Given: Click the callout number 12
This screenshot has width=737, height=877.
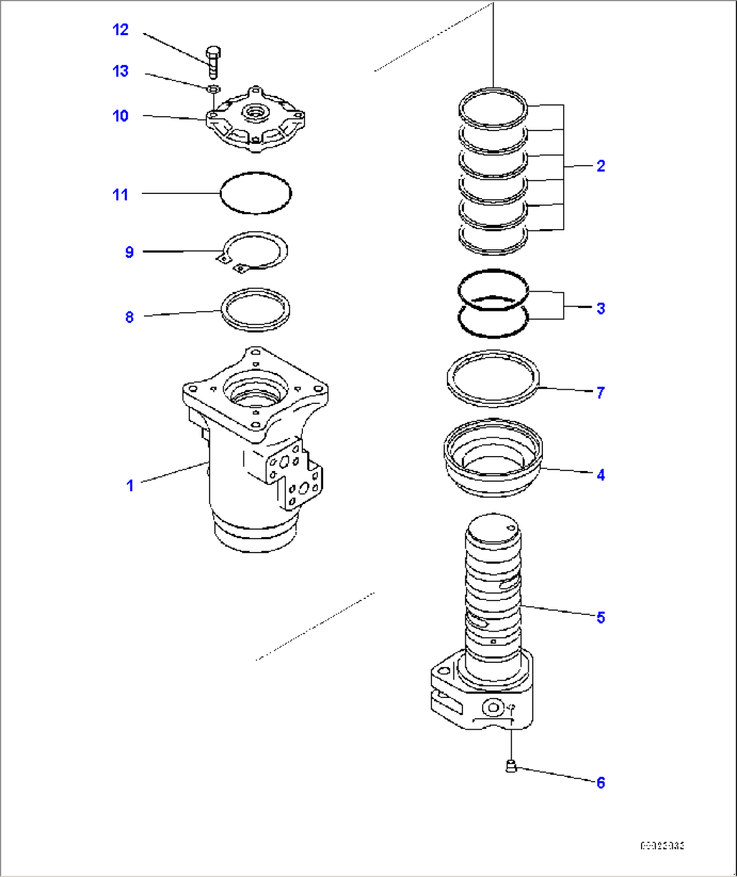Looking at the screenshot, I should (120, 30).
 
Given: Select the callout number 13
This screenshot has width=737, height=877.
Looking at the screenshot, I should (120, 72).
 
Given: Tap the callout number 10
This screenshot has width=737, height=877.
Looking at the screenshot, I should (120, 116).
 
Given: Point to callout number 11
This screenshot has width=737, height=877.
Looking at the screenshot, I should (120, 195).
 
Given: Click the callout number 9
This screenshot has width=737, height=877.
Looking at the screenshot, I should (129, 253).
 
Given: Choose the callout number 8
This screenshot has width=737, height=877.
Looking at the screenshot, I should (129, 318).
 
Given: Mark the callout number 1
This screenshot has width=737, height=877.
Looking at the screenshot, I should (130, 486).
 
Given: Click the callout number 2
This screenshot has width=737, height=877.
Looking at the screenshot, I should (600, 166).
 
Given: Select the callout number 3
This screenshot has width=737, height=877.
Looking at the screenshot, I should (600, 309).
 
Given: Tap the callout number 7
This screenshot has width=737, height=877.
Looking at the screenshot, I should (600, 393).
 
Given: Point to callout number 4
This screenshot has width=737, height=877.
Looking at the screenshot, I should (600, 475).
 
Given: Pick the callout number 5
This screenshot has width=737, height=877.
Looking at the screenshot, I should (600, 618).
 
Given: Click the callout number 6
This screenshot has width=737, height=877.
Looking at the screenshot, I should (600, 783).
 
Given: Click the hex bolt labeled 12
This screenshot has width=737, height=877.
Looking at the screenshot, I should (213, 63).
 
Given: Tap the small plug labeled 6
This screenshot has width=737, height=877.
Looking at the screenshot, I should (512, 766).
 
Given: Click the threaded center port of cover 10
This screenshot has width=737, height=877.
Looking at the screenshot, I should (256, 109).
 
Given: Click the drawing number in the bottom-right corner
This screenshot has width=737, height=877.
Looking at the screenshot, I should (662, 846).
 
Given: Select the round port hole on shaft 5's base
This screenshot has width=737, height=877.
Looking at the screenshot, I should (493, 707).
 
